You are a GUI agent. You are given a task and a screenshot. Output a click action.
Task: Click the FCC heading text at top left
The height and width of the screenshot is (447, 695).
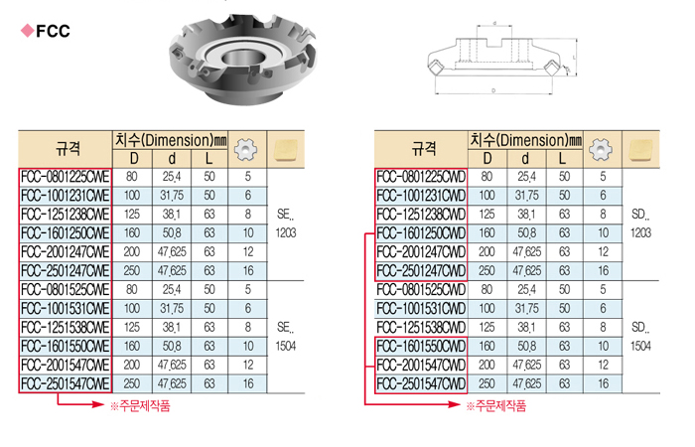[53, 31]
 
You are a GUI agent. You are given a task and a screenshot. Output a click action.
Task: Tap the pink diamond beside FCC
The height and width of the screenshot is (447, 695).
[28, 31]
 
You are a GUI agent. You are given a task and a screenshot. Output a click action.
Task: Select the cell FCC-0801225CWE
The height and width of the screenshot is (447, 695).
[66, 177]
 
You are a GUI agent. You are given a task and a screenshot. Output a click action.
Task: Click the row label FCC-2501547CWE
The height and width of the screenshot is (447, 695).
[66, 383]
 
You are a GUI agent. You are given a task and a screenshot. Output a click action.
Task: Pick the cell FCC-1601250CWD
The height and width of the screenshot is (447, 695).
[421, 233]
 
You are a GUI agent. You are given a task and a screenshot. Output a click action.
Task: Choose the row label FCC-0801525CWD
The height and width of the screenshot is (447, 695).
[421, 290]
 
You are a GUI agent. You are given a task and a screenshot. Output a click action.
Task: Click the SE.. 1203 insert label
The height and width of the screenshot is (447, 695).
[286, 223]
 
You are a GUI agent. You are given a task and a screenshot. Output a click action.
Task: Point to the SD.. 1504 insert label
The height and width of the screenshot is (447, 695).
[641, 337]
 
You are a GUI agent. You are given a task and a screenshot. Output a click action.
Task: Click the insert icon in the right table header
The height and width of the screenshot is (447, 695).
[641, 150]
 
